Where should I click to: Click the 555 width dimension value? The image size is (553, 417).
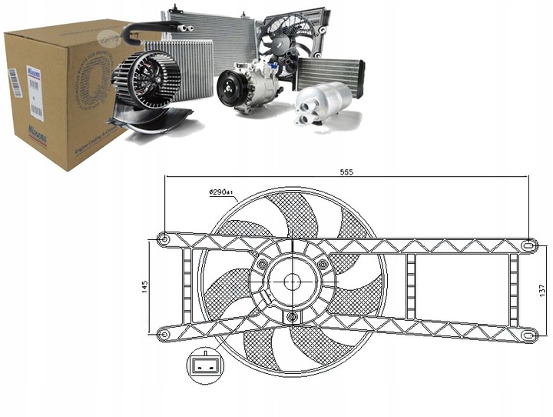347,172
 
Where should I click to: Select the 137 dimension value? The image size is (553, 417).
541,290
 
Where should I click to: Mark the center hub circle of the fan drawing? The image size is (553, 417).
293,282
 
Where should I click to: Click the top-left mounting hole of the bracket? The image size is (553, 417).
163,240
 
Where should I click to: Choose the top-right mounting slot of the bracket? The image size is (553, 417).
528,245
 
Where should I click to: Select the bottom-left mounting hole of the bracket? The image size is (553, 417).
163,333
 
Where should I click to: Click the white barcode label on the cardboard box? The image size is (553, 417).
14,84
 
